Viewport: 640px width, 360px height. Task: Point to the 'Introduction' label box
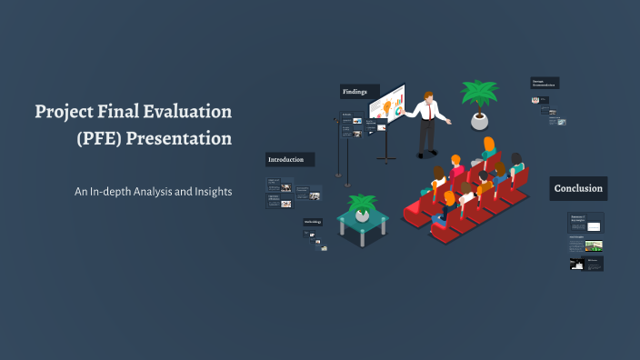(x=290, y=159)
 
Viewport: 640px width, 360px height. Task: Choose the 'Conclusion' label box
(x=578, y=189)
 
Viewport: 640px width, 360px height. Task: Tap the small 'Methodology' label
(x=313, y=222)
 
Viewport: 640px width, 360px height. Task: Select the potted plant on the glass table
(x=363, y=205)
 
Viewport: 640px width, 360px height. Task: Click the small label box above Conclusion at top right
(x=545, y=83)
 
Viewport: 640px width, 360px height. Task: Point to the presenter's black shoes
(x=425, y=154)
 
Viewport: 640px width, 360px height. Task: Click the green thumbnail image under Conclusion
(x=593, y=245)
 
